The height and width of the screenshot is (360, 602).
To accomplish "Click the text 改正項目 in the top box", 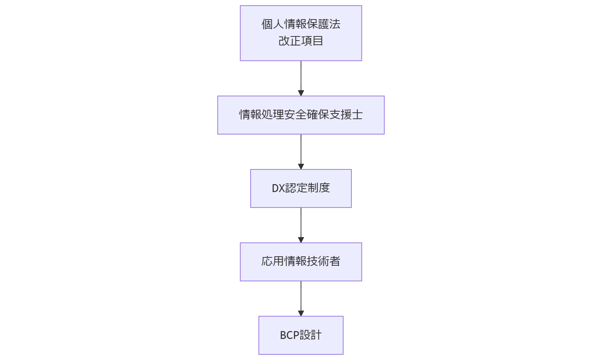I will click(x=301, y=41).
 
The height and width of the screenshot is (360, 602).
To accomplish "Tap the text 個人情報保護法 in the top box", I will click(x=301, y=24).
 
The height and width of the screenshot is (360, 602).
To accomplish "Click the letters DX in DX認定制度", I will click(x=278, y=188).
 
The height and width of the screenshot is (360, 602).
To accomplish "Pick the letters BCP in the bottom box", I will click(x=289, y=335).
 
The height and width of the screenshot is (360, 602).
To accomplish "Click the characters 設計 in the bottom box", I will click(x=311, y=335).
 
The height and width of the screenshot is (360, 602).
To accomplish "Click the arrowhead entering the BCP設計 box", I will click(x=301, y=313).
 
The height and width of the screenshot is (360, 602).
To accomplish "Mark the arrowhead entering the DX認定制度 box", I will click(x=301, y=166).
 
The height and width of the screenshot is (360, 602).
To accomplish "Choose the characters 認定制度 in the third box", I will click(x=308, y=188).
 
